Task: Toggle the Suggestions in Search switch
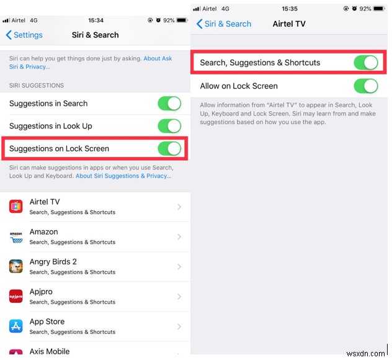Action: pyautogui.click(x=169, y=104)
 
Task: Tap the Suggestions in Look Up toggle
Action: pyautogui.click(x=169, y=126)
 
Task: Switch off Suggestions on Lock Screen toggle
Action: pyautogui.click(x=169, y=148)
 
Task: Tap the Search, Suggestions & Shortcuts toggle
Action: pyautogui.click(x=365, y=63)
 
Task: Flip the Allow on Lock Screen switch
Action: pyautogui.click(x=365, y=86)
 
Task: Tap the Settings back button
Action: pyautogui.click(x=24, y=35)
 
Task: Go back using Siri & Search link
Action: pyautogui.click(x=224, y=24)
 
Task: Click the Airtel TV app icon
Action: pyautogui.click(x=16, y=207)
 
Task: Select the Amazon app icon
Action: pyautogui.click(x=16, y=236)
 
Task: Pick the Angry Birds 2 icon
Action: pyautogui.click(x=16, y=266)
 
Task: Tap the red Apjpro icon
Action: pyautogui.click(x=16, y=296)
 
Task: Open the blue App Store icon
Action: pyautogui.click(x=16, y=326)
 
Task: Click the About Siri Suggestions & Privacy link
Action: pyautogui.click(x=123, y=176)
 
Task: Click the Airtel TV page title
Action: pyautogui.click(x=289, y=24)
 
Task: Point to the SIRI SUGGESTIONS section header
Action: pyautogui.click(x=37, y=85)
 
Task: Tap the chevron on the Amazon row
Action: pyautogui.click(x=179, y=236)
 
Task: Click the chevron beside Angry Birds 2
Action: pyautogui.click(x=179, y=266)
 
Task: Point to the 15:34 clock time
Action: pyautogui.click(x=95, y=20)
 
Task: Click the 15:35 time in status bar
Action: pyautogui.click(x=290, y=9)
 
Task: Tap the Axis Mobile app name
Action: pyautogui.click(x=50, y=351)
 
